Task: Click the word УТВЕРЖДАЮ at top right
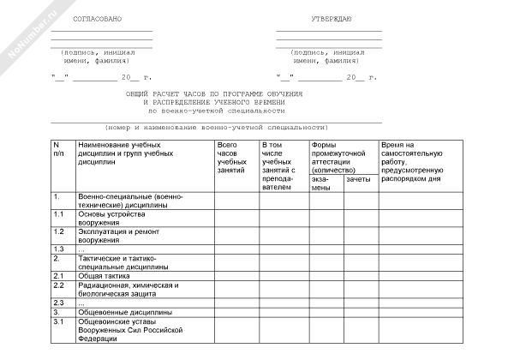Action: coord(329,17)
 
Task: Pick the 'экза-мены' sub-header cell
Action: coord(320,183)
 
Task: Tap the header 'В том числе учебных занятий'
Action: coord(279,165)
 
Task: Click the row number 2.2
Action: coord(59,285)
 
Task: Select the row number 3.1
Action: coord(59,321)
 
